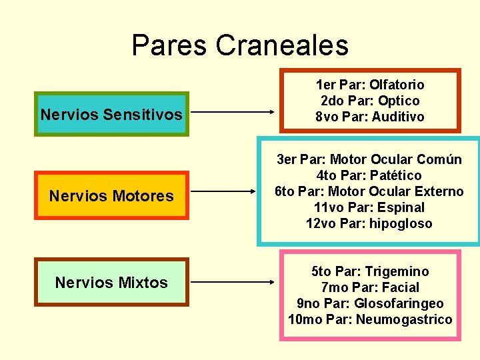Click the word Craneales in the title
click(x=282, y=45)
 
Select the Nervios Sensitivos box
click(x=111, y=114)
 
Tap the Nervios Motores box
click(x=111, y=195)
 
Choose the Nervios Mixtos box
click(x=111, y=282)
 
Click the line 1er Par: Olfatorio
click(x=370, y=85)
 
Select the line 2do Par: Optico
click(x=370, y=101)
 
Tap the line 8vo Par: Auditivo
click(x=370, y=117)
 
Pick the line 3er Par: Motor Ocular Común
click(x=369, y=159)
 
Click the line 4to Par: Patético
click(x=369, y=175)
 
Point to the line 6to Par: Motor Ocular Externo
click(x=369, y=191)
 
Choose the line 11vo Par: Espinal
click(x=369, y=207)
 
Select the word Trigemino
click(x=397, y=271)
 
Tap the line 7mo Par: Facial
click(x=370, y=287)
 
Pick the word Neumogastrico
click(x=404, y=319)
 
